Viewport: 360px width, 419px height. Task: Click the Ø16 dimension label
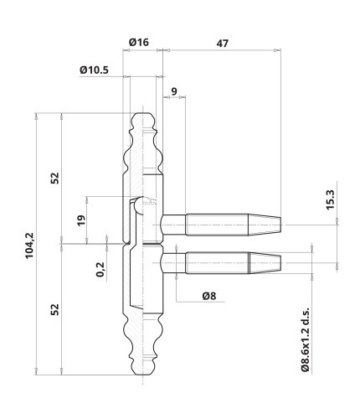139,42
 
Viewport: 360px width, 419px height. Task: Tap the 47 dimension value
223,44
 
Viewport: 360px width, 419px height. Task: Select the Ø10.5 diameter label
94,70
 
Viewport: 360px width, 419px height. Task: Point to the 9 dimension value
174,91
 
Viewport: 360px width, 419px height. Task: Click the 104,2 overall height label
29,246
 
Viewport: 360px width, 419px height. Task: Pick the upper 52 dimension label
55,178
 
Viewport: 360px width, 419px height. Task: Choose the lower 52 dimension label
55,309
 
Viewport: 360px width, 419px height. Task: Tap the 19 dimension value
81,220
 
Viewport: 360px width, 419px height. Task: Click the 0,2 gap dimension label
100,269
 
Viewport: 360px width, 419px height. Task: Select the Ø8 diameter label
209,296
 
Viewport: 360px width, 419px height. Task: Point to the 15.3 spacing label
330,199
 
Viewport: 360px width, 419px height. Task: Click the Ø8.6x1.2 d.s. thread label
306,339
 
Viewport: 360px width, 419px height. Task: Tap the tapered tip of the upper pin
265,225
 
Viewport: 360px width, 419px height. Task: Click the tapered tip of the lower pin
265,263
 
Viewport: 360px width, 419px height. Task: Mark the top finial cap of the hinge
142,122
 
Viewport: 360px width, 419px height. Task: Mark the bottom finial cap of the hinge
142,366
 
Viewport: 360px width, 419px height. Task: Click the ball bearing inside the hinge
139,206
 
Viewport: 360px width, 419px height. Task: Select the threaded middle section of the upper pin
217,225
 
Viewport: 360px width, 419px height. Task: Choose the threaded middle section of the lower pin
217,263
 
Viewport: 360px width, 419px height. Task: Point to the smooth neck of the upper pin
173,225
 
